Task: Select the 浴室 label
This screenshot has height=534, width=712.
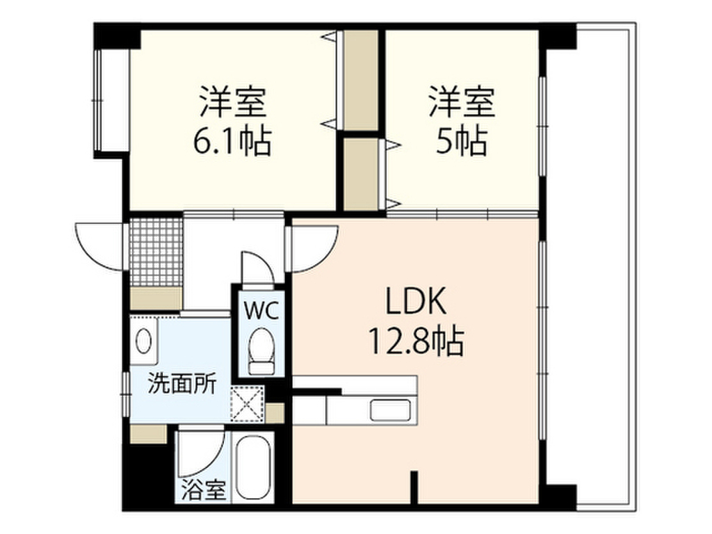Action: (x=204, y=490)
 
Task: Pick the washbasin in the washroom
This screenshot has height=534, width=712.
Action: (x=144, y=341)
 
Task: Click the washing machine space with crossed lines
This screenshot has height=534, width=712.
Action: (x=248, y=404)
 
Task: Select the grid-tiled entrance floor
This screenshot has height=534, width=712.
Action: (x=155, y=252)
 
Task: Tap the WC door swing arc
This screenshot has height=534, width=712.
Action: (x=257, y=267)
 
